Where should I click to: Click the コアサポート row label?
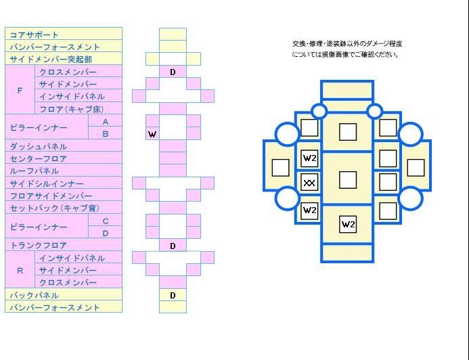(34, 35)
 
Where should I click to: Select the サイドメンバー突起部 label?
(51, 59)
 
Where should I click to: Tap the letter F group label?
(20, 90)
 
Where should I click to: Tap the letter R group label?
(20, 271)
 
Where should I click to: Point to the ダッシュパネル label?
(39, 147)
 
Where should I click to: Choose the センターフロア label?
(39, 159)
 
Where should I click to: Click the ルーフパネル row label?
(34, 171)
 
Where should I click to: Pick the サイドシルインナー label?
(47, 183)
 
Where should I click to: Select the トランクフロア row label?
(39, 246)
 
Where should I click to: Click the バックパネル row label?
(34, 296)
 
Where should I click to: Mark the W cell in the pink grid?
(152, 134)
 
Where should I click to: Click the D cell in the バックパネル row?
(173, 296)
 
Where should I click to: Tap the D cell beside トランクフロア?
(173, 246)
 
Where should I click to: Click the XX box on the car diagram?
(309, 183)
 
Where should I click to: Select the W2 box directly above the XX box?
(309, 158)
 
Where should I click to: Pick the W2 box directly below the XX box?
(309, 210)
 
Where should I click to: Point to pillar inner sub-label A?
(106, 122)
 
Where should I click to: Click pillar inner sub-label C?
(106, 221)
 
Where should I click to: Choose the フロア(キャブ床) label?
(72, 109)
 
